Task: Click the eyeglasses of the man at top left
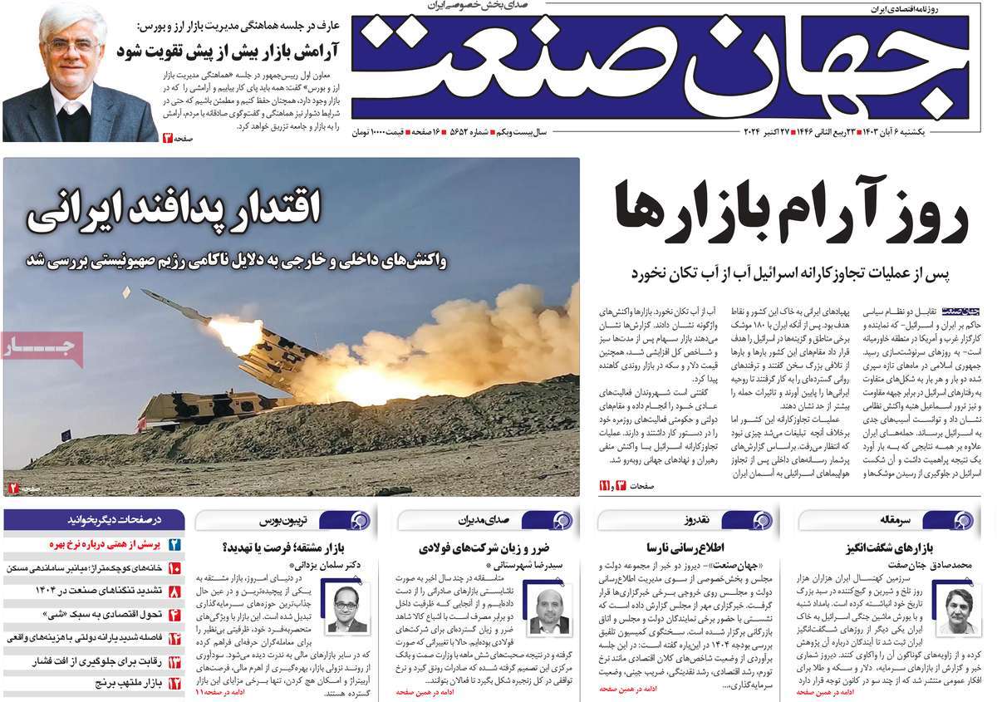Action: [72, 47]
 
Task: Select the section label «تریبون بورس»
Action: [286, 520]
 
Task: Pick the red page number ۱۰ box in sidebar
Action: [174, 568]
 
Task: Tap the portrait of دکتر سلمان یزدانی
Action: [348, 609]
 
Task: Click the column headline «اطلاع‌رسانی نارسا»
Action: [695, 547]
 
